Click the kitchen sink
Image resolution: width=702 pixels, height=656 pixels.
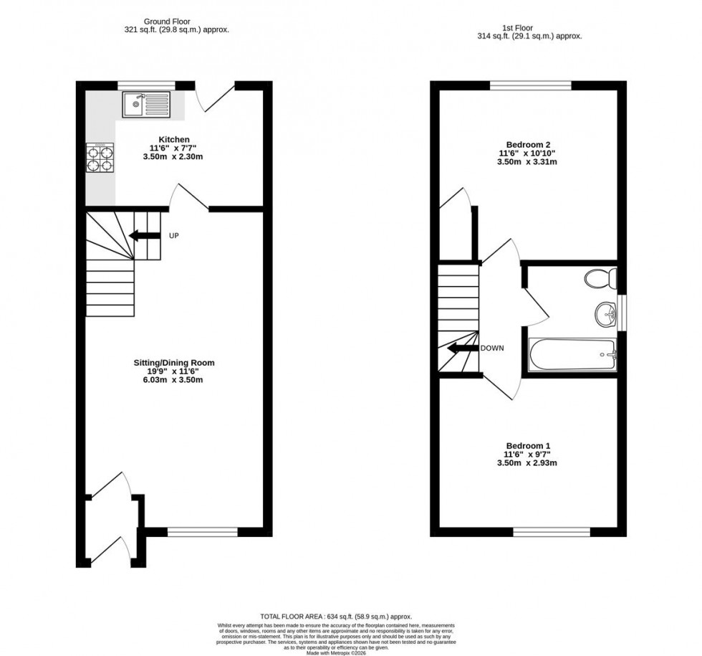[146, 105]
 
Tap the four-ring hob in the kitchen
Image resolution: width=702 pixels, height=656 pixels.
[100, 158]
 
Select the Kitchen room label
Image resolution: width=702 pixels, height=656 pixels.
[174, 139]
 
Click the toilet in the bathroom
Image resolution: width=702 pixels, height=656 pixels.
[600, 277]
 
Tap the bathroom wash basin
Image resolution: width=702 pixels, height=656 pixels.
[606, 313]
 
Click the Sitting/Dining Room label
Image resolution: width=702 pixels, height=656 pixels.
[175, 363]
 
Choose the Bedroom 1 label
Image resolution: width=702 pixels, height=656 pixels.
[528, 446]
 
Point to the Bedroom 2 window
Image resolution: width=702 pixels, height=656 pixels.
[531, 85]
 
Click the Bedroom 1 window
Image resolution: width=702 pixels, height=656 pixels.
[552, 532]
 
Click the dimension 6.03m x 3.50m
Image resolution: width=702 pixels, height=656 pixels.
[175, 380]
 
